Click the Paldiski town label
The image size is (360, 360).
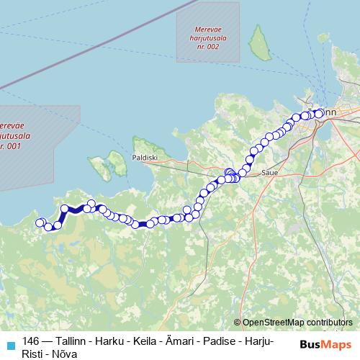pyautogui.click(x=144, y=156)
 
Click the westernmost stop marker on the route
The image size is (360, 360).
pyautogui.click(x=40, y=223)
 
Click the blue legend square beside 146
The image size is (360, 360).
pyautogui.click(x=9, y=341)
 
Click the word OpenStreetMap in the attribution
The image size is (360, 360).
pyautogui.click(x=273, y=323)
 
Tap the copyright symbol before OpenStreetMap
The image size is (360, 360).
pyautogui.click(x=238, y=323)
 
